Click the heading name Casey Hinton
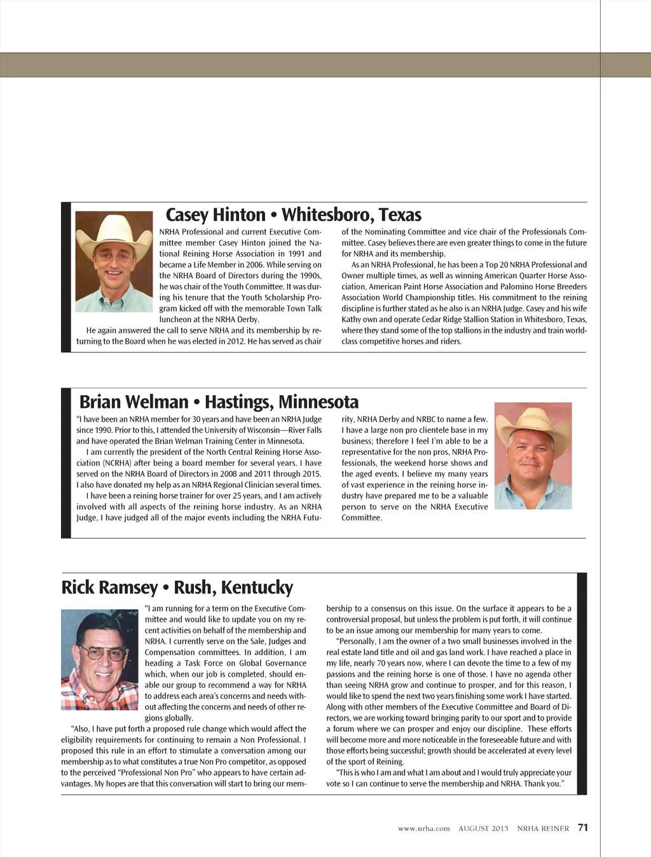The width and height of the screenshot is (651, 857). (x=215, y=215)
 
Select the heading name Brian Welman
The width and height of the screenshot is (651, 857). (x=134, y=402)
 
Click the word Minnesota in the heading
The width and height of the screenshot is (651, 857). (x=318, y=402)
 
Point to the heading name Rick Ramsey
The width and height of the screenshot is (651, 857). (x=109, y=587)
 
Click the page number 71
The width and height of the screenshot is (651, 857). (x=583, y=827)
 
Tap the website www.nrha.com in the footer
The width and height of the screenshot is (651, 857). (x=423, y=828)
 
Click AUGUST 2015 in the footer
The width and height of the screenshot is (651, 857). (x=483, y=828)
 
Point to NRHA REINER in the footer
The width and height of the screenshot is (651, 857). (x=543, y=828)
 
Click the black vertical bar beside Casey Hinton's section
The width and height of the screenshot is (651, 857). (x=65, y=277)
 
